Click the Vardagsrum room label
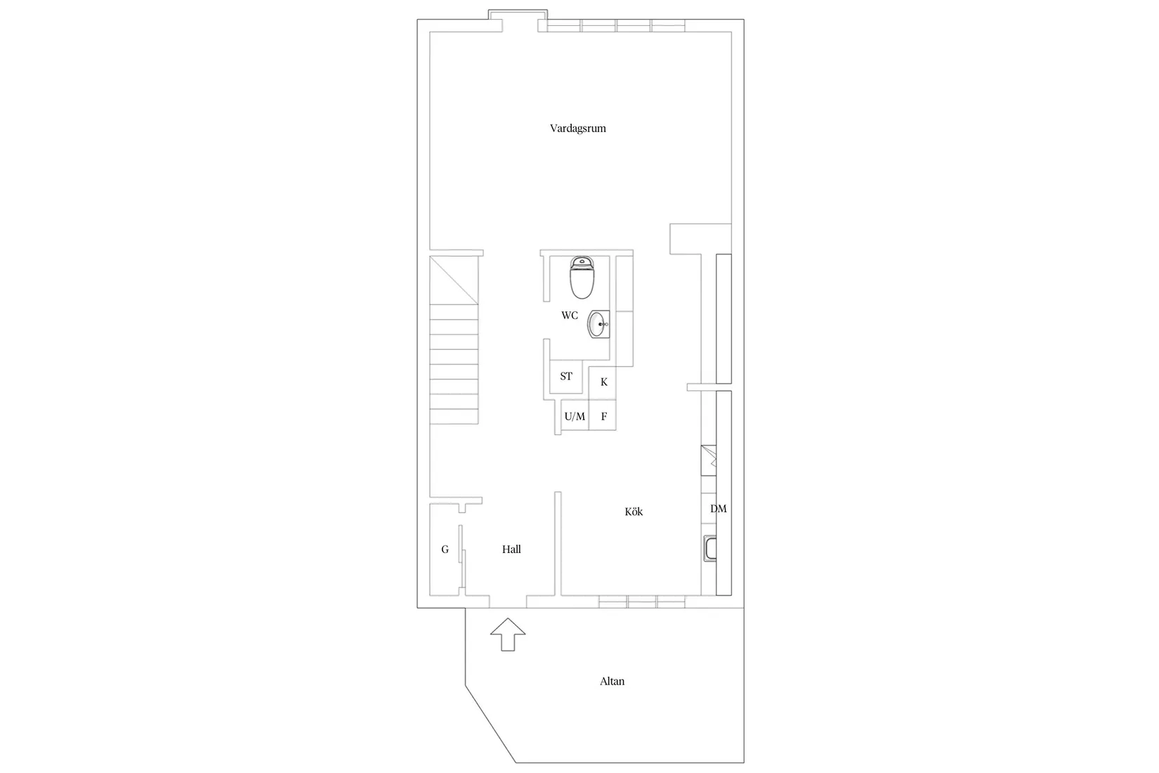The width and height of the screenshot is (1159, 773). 577,129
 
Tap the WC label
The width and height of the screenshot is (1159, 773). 570,316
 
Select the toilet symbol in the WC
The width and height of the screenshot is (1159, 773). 582,277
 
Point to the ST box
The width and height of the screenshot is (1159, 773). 566,377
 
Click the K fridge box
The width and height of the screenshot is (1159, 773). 603,382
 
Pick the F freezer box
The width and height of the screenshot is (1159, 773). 603,416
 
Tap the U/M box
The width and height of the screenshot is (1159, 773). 575,416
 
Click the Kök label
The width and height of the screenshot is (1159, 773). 634,512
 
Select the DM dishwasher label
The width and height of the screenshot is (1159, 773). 718,509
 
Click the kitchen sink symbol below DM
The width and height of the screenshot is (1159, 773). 709,549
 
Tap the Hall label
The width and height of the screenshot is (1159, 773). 511,550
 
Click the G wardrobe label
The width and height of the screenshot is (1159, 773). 445,550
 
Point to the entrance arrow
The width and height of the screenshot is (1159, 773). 507,635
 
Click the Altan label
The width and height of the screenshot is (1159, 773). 612,681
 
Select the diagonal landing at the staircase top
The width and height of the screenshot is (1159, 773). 454,279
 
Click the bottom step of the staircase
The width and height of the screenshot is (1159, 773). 454,416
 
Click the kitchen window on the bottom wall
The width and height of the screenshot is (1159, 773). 642,602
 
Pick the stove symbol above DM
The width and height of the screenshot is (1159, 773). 709,461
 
